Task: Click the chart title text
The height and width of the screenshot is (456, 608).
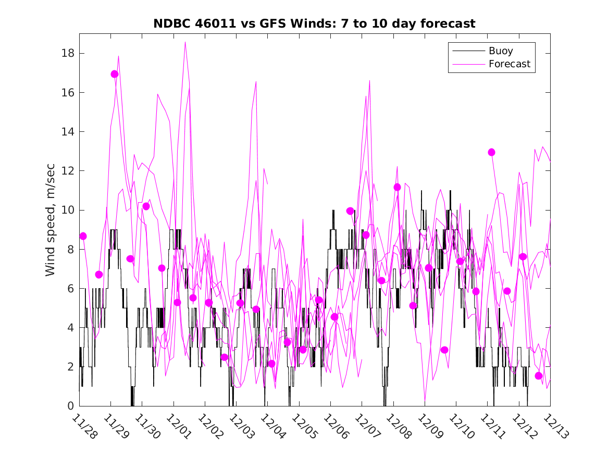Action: tap(314, 23)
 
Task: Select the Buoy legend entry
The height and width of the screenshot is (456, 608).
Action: tap(501, 51)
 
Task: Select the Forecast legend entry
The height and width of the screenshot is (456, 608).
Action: tap(509, 64)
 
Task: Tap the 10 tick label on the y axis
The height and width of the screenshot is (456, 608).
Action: tap(68, 210)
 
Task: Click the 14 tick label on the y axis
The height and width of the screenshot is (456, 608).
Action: tap(68, 132)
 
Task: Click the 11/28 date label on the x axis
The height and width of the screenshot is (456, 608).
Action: tap(84, 426)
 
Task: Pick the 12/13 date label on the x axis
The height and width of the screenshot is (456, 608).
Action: tap(555, 426)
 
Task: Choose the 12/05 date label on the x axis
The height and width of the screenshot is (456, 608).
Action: tap(304, 426)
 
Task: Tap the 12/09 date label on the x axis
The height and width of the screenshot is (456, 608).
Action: tap(430, 426)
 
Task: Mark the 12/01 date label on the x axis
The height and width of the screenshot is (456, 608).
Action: tap(179, 426)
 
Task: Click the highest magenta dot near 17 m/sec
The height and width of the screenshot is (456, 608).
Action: tap(115, 74)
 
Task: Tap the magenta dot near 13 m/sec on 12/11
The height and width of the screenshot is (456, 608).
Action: tap(491, 152)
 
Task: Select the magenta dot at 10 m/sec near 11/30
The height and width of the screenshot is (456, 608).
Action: tap(146, 206)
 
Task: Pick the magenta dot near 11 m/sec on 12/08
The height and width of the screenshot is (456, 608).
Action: tap(397, 187)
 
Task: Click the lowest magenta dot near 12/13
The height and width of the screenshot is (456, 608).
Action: tap(539, 376)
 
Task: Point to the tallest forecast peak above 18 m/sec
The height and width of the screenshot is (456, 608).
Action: tap(185, 43)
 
